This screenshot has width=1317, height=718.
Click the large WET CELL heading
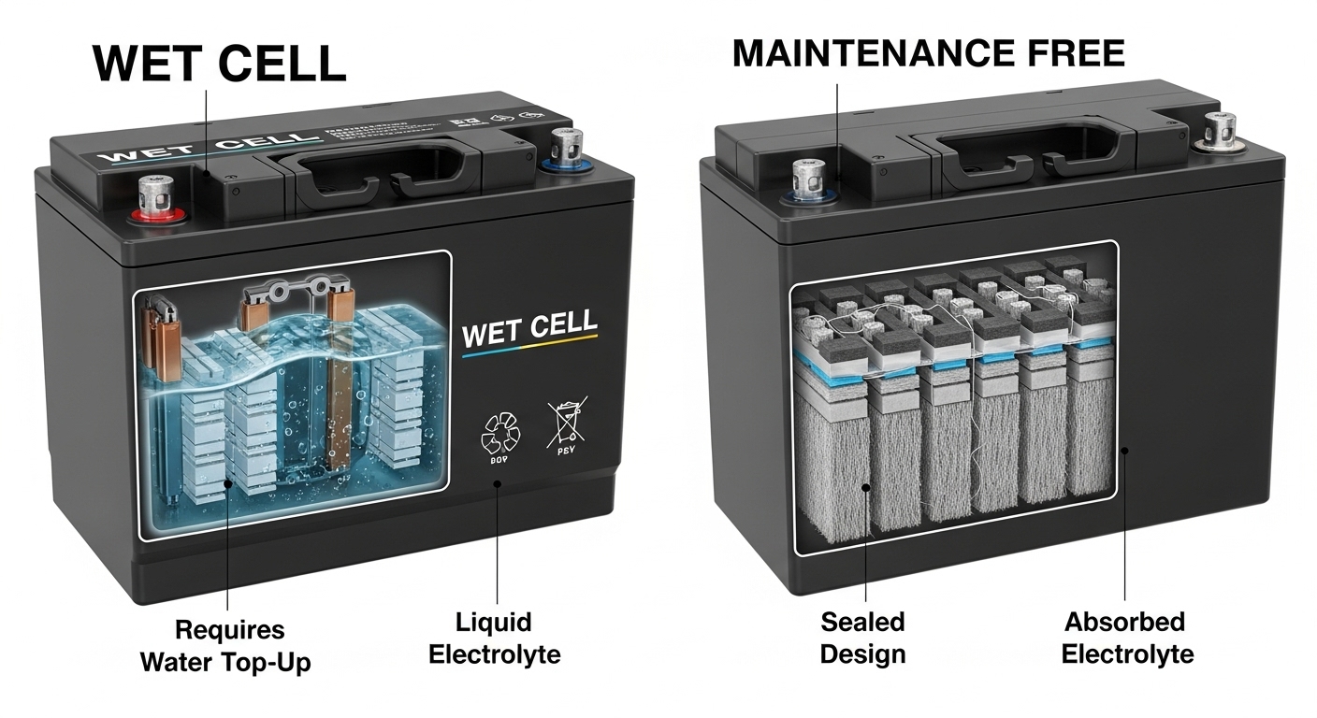click(220, 63)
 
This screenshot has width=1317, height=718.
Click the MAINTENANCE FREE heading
click(928, 53)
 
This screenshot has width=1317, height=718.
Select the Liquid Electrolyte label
click(494, 638)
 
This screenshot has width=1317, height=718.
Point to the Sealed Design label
click(862, 638)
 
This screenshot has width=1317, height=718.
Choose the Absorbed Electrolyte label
click(1127, 638)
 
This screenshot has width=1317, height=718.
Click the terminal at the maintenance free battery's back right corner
click(1221, 130)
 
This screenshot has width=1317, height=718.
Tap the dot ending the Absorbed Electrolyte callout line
click(1125, 451)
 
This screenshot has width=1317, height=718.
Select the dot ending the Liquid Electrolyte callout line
click(497, 483)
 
